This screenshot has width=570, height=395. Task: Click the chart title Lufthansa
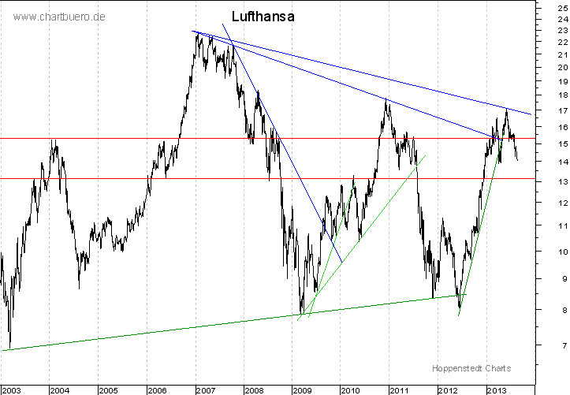263,16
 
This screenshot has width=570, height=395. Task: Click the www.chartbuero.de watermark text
59,17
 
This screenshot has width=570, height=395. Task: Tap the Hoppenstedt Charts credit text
471,368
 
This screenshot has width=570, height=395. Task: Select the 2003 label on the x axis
13,389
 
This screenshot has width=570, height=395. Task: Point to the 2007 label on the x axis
206,389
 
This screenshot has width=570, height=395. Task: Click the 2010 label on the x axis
350,389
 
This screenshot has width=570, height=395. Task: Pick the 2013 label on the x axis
496,389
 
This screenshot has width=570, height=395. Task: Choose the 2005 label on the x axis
108,389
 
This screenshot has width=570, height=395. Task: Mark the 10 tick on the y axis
550,252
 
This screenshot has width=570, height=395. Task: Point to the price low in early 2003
9,347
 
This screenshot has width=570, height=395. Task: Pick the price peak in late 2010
386,100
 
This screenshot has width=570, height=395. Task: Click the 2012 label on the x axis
447,389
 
